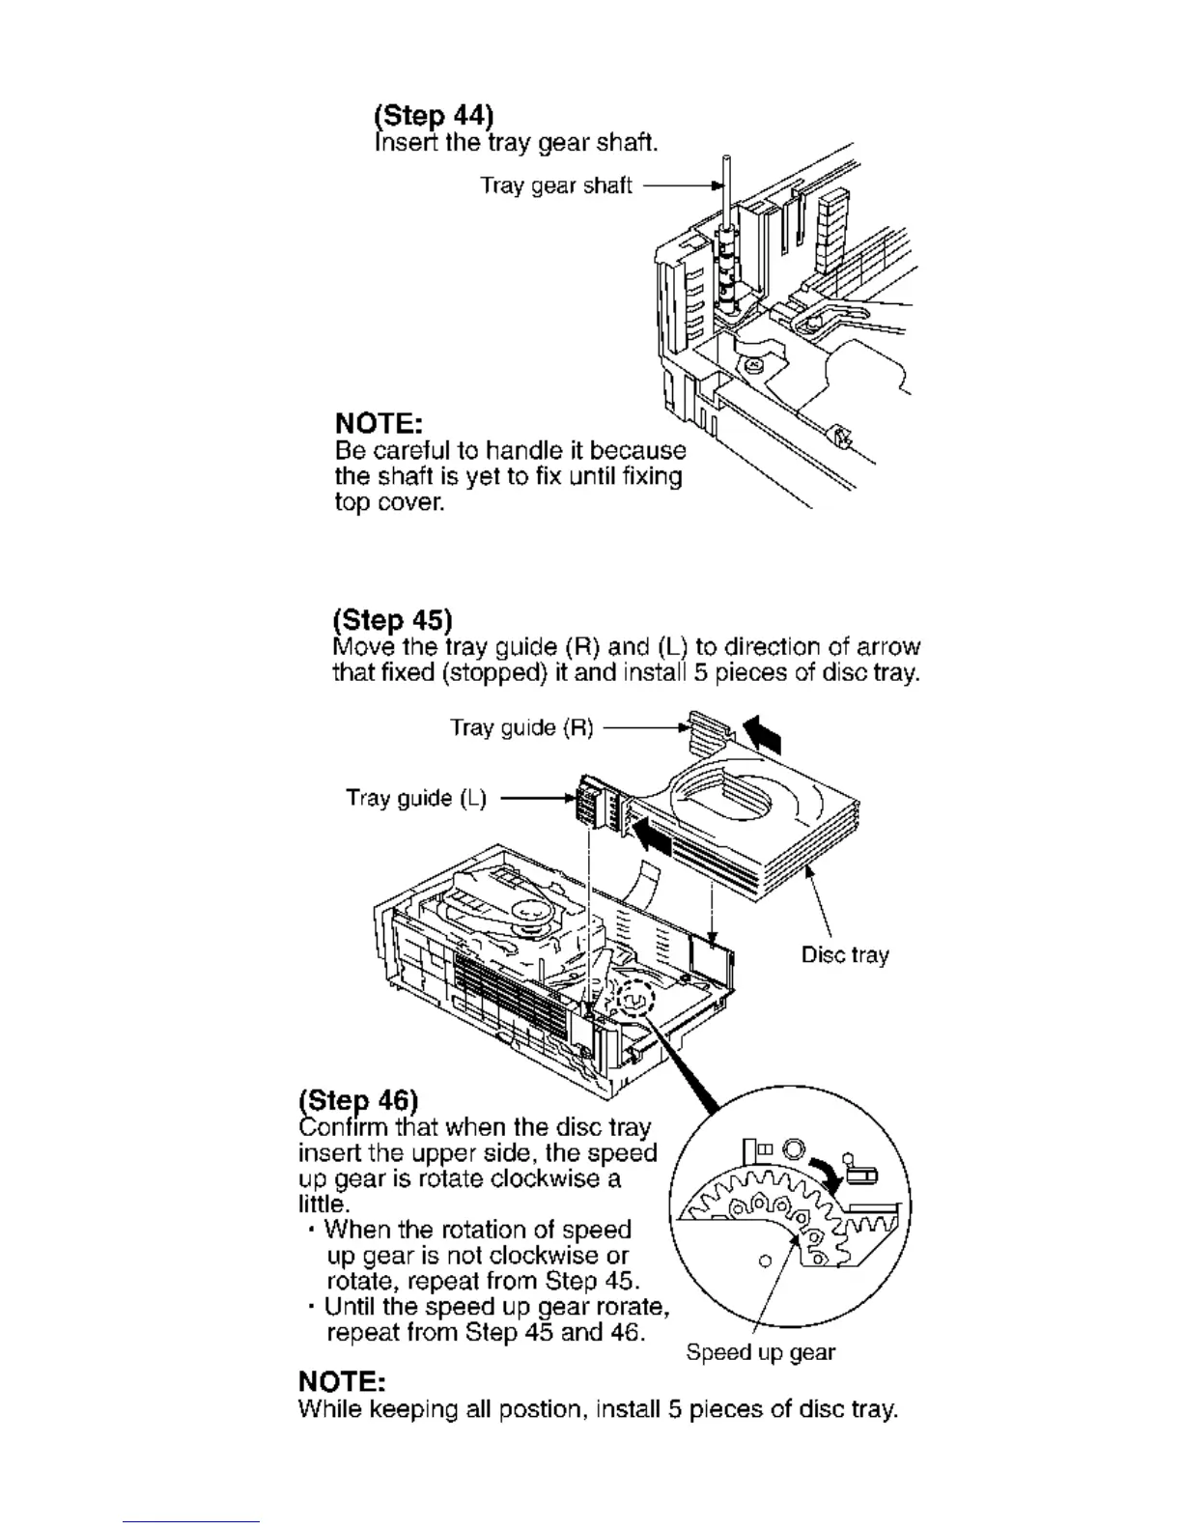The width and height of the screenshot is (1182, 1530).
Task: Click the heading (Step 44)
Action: pos(434,117)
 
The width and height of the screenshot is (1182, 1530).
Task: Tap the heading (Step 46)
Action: pos(359,1101)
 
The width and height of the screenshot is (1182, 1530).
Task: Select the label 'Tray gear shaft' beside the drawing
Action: pos(556,185)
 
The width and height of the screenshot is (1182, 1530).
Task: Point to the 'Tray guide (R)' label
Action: pos(521,727)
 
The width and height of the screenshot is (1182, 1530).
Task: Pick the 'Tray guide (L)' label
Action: pos(416,798)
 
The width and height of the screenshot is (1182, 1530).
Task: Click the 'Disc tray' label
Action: pos(845,955)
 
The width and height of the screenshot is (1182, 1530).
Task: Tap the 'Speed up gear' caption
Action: pos(760,1352)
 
